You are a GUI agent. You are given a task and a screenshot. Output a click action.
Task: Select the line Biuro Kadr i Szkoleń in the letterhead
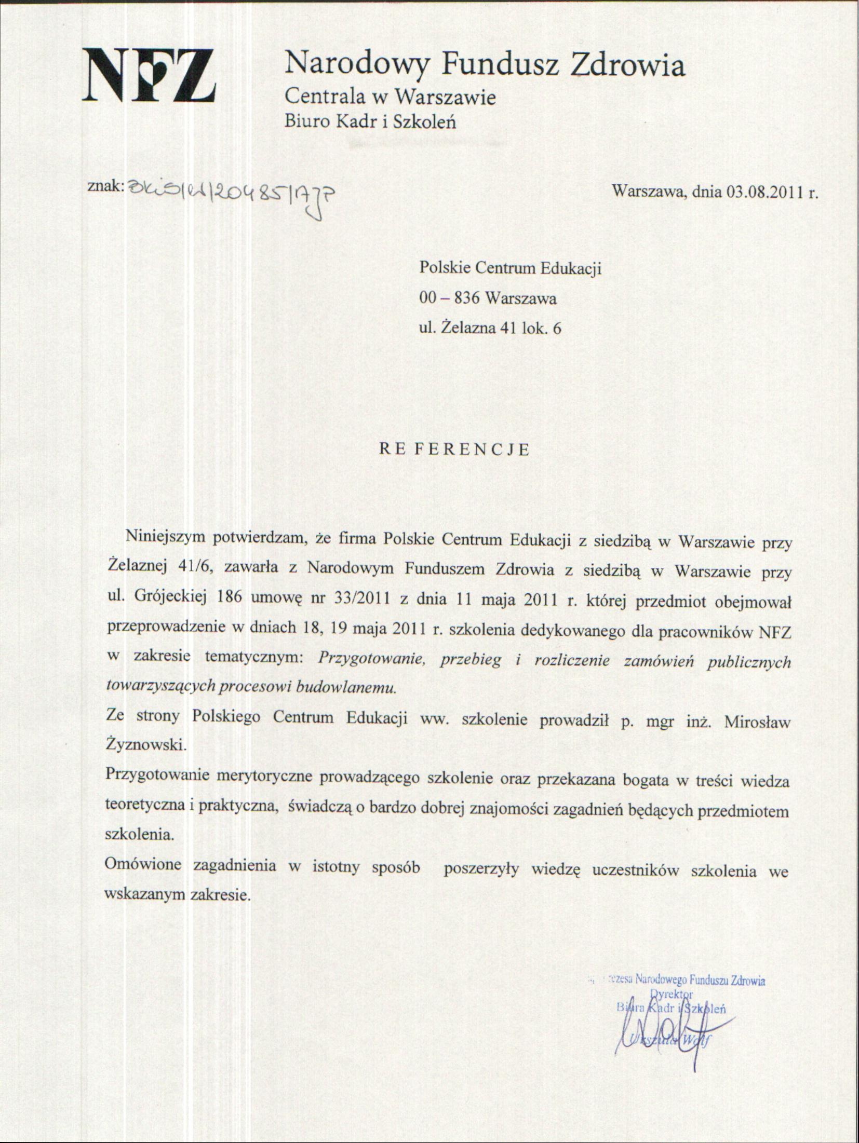click(x=370, y=121)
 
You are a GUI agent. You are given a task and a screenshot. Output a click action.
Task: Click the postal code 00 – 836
click(x=450, y=298)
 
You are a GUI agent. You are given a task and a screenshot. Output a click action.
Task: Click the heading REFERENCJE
click(x=454, y=450)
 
